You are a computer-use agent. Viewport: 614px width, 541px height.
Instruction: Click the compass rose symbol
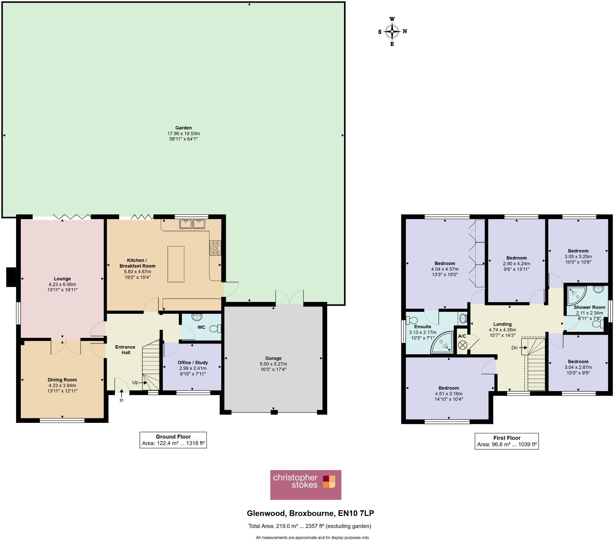[x=392, y=31]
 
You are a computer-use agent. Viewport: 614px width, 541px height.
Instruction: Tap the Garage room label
[x=273, y=358]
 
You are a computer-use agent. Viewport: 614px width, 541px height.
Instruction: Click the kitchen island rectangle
[x=176, y=264]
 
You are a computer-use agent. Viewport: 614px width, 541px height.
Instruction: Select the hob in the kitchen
[x=215, y=248]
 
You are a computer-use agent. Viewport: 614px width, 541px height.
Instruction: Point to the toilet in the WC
[x=215, y=329]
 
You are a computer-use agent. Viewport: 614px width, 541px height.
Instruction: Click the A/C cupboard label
[x=462, y=336]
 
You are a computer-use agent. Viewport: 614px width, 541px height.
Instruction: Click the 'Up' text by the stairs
[x=135, y=382]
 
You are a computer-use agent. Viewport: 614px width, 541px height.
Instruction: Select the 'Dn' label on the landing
[x=515, y=348]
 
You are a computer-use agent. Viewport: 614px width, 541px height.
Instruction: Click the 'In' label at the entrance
[x=122, y=400]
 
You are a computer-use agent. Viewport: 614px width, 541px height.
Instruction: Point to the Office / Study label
[x=193, y=362]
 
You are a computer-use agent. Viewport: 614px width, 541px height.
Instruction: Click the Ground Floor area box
[x=173, y=440]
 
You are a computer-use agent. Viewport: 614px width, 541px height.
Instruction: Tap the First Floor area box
[x=506, y=441]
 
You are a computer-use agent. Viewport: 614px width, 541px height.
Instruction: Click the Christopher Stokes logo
[x=305, y=485]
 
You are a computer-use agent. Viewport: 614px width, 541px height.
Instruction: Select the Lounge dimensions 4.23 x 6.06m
[x=62, y=284]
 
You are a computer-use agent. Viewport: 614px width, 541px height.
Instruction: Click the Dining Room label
[x=62, y=380]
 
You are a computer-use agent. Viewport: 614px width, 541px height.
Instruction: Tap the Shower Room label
[x=589, y=307]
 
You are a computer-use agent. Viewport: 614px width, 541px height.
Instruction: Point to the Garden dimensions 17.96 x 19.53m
[x=184, y=133]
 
